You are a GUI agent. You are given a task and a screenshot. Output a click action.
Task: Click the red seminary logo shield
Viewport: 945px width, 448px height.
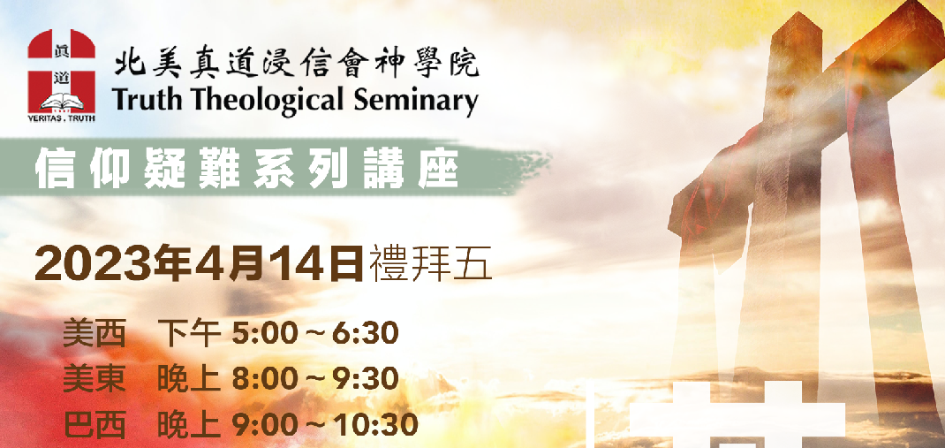click(x=62, y=72)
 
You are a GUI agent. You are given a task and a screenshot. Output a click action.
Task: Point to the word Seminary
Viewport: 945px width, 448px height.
click(x=409, y=101)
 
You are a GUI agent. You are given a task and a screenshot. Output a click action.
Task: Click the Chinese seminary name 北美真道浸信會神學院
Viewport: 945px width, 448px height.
click(x=297, y=64)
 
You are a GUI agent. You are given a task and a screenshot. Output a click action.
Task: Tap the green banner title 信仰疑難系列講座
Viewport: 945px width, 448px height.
click(x=247, y=167)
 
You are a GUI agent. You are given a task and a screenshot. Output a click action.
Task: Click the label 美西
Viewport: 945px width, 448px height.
click(x=94, y=335)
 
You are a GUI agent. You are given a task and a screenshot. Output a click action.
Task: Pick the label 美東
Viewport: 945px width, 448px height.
click(x=94, y=380)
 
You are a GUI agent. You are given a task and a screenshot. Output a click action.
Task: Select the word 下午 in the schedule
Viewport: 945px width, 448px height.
click(x=189, y=335)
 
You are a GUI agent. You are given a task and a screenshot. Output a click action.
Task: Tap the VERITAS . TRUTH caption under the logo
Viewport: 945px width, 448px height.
click(x=62, y=118)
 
